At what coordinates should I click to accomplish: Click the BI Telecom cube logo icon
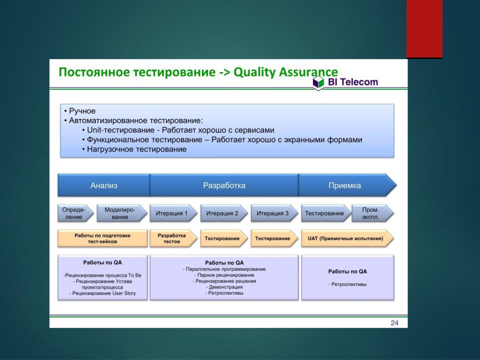318,82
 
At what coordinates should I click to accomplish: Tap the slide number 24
394,323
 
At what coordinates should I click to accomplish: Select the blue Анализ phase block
104,185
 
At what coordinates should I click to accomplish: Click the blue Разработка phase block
224,185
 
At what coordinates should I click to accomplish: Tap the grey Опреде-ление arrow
75,213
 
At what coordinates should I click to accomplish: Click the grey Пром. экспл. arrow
372,213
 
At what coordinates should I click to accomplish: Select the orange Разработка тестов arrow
173,238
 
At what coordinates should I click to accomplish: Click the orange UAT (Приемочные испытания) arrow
347,238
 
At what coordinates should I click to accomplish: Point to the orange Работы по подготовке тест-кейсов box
102,238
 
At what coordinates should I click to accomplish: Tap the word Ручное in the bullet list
82,111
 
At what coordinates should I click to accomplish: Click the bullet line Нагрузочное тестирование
136,149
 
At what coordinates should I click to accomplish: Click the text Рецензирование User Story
104,293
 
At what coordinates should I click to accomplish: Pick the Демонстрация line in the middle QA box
225,287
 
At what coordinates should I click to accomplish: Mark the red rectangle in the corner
424,29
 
